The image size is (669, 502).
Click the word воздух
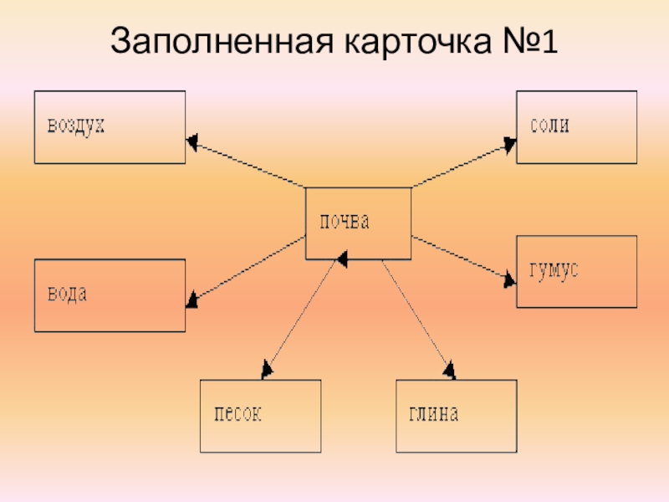tap(75, 126)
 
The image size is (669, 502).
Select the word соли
tap(549, 126)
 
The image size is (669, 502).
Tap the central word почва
tap(342, 223)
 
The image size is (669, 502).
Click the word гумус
tap(554, 272)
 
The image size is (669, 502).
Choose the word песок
tap(238, 414)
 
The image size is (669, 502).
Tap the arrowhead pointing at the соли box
tap(509, 144)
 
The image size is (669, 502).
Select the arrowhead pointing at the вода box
tap(192, 299)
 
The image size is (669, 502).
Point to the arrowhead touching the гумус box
tap(510, 279)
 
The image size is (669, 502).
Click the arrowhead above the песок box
tap(267, 368)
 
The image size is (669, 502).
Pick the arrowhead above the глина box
tap(449, 368)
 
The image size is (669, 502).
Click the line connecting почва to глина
tap(416, 314)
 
